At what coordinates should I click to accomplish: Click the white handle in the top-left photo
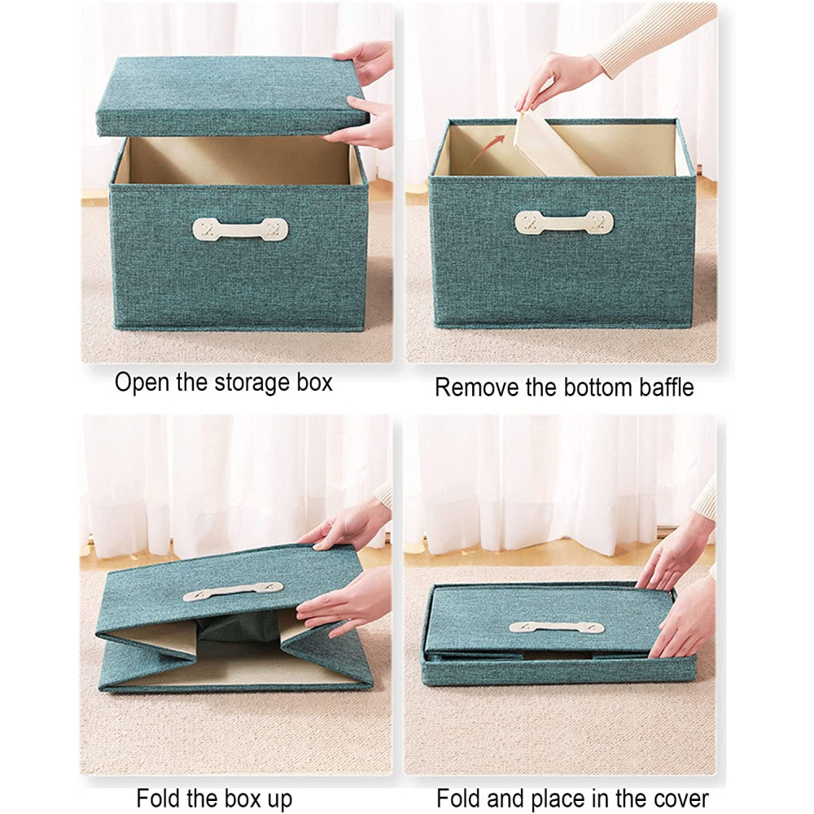pos(240,229)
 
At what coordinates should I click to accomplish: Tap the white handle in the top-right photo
pos(564,222)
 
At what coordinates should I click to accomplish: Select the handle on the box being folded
pos(234,591)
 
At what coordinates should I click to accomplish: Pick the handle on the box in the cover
pos(557,627)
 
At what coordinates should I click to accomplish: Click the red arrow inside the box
pos(486,147)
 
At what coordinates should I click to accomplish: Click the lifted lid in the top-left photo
pos(233,97)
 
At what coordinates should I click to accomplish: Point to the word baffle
pos(666,387)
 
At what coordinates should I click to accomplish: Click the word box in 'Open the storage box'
pos(314,383)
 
